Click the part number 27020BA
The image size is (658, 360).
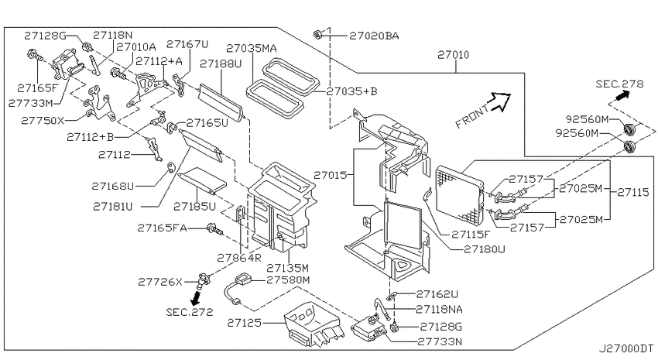pos(374,36)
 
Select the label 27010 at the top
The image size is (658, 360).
pos(453,55)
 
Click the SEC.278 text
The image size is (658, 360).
pos(619,84)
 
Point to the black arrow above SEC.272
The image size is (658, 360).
pos(195,297)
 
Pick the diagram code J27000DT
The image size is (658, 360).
pos(625,348)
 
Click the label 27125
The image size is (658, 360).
pos(244,323)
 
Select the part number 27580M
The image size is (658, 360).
pos(288,279)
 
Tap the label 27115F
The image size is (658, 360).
pos(471,235)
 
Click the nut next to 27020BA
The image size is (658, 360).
pos(317,34)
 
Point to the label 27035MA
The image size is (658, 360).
pos(252,48)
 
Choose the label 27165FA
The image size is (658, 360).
pos(162,228)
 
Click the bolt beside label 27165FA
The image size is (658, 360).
pos(214,229)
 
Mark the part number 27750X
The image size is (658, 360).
pos(43,121)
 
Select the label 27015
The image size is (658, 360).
pos(331,175)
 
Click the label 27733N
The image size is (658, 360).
pos(440,341)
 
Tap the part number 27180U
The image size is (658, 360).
pos(485,249)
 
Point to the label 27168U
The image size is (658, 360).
pos(112,186)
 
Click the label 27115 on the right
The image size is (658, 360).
pos(632,193)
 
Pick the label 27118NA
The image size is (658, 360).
pos(440,309)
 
